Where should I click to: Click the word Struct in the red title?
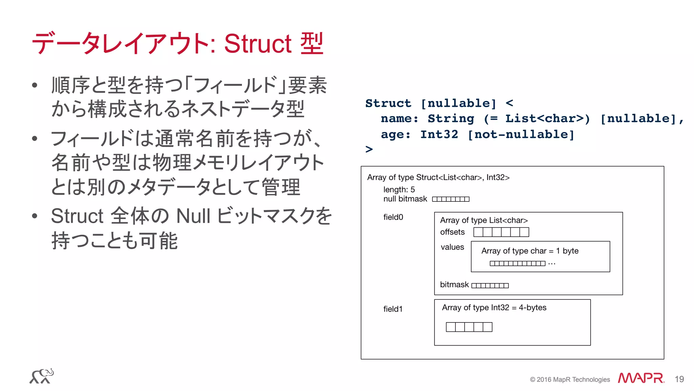(x=258, y=44)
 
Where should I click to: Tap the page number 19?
(x=679, y=379)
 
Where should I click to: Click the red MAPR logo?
(x=641, y=378)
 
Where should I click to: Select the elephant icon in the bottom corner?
(x=42, y=376)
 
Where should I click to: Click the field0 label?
(x=393, y=217)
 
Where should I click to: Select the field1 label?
(x=393, y=309)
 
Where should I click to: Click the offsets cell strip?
(x=501, y=232)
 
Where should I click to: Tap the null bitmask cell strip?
(x=451, y=199)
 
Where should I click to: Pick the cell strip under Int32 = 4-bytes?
(x=469, y=327)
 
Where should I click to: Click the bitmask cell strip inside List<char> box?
(x=490, y=286)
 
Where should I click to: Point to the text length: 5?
(x=399, y=190)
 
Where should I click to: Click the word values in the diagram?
(x=452, y=247)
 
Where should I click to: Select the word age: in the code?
(x=395, y=135)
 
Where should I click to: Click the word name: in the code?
(x=400, y=119)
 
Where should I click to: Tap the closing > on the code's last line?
(x=369, y=149)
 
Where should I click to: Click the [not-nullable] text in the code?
(x=521, y=135)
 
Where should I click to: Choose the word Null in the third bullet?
(x=193, y=216)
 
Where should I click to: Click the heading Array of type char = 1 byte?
(x=530, y=251)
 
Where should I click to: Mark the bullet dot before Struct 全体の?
(x=35, y=216)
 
